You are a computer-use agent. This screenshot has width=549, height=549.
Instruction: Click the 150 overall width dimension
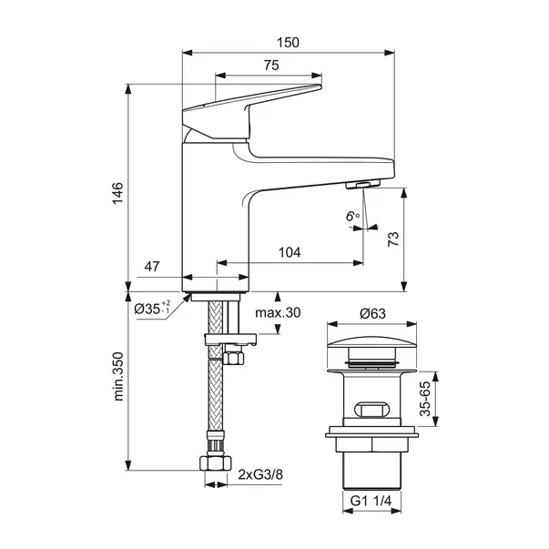point(288,43)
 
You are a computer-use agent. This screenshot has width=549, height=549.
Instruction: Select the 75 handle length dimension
point(269,66)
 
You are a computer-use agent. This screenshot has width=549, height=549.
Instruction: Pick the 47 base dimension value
point(152,268)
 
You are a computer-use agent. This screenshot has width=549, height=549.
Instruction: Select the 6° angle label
point(352,216)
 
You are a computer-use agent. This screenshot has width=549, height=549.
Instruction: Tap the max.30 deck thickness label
point(277,312)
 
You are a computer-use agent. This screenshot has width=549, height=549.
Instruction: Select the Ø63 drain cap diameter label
point(371,312)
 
